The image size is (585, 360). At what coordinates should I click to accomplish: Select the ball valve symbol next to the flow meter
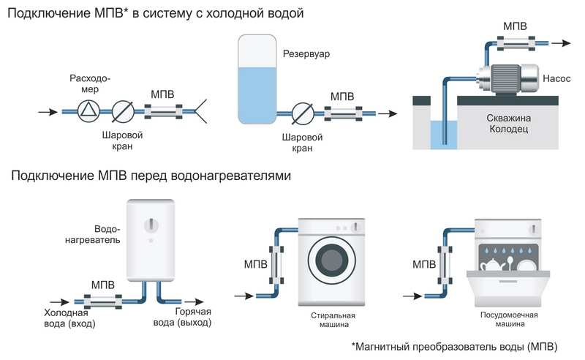pyautogui.click(x=124, y=111)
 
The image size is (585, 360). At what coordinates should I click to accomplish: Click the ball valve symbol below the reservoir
pyautogui.click(x=302, y=114)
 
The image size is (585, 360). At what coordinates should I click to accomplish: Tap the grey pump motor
pyautogui.click(x=505, y=76)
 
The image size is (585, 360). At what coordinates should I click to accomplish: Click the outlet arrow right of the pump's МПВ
pyautogui.click(x=561, y=44)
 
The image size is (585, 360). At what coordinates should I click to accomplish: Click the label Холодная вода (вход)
pyautogui.click(x=71, y=318)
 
